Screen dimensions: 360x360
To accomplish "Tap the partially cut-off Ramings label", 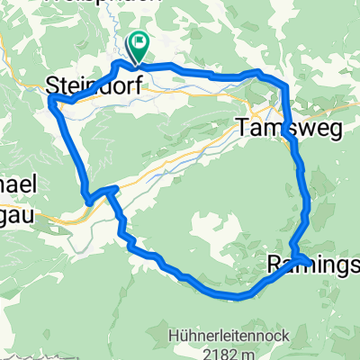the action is [313, 265].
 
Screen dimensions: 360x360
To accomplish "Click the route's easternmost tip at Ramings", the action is [311, 262].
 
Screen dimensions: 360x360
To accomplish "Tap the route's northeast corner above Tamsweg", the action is [284, 85].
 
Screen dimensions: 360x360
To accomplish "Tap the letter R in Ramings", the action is [275, 265].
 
